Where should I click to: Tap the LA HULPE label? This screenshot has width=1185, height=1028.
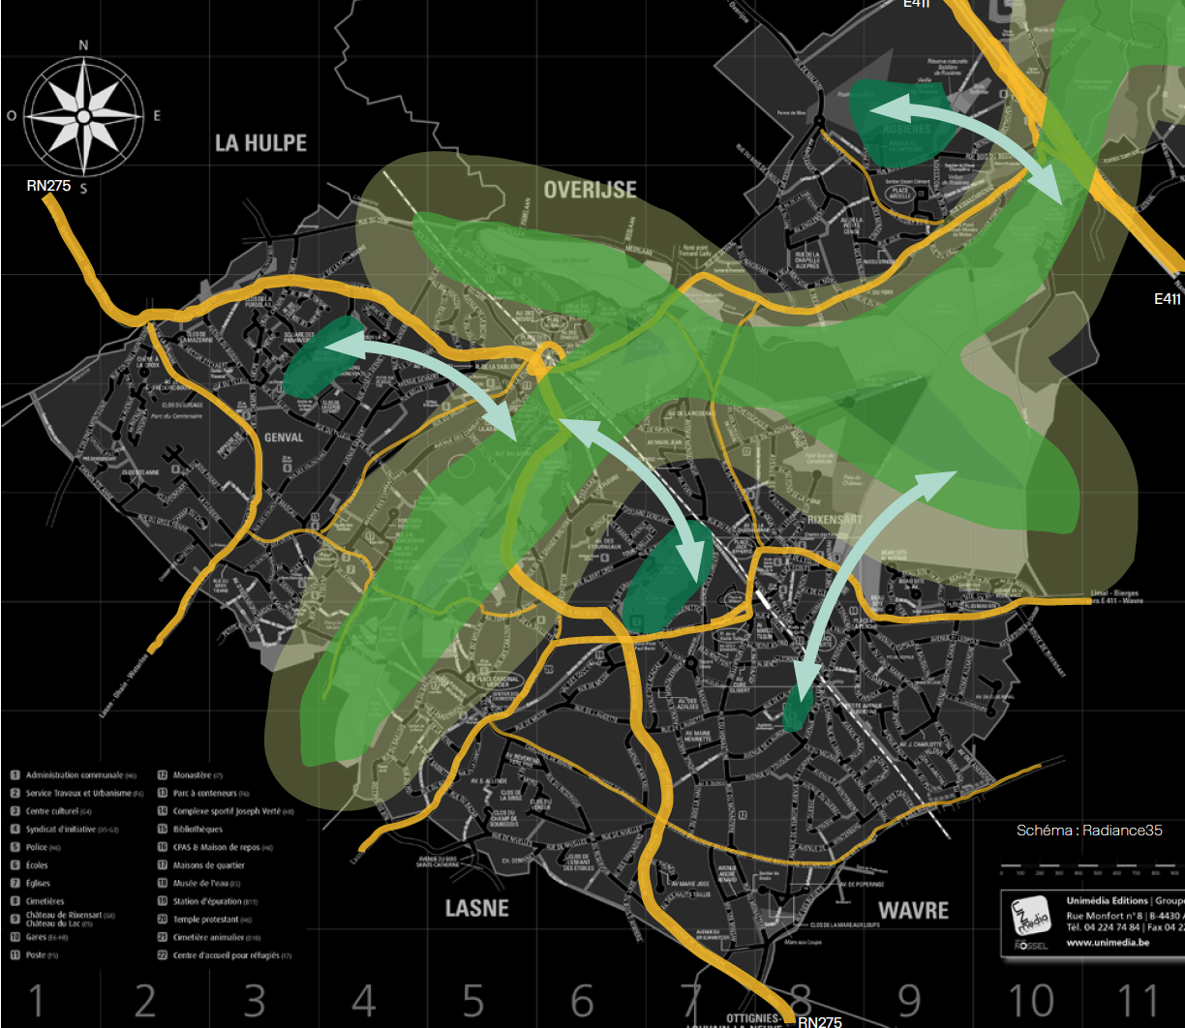tap(260, 143)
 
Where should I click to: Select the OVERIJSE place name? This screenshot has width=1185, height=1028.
tap(590, 188)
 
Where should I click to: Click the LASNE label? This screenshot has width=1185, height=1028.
tap(476, 909)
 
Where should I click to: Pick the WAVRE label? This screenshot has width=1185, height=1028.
tap(913, 911)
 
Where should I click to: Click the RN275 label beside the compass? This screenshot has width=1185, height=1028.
tap(48, 185)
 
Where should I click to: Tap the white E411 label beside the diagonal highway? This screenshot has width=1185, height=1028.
tap(1168, 299)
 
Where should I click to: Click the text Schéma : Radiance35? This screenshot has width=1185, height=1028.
tap(1088, 831)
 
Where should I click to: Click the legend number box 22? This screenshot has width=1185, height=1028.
tap(162, 954)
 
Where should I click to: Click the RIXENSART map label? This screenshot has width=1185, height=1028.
tap(835, 519)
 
